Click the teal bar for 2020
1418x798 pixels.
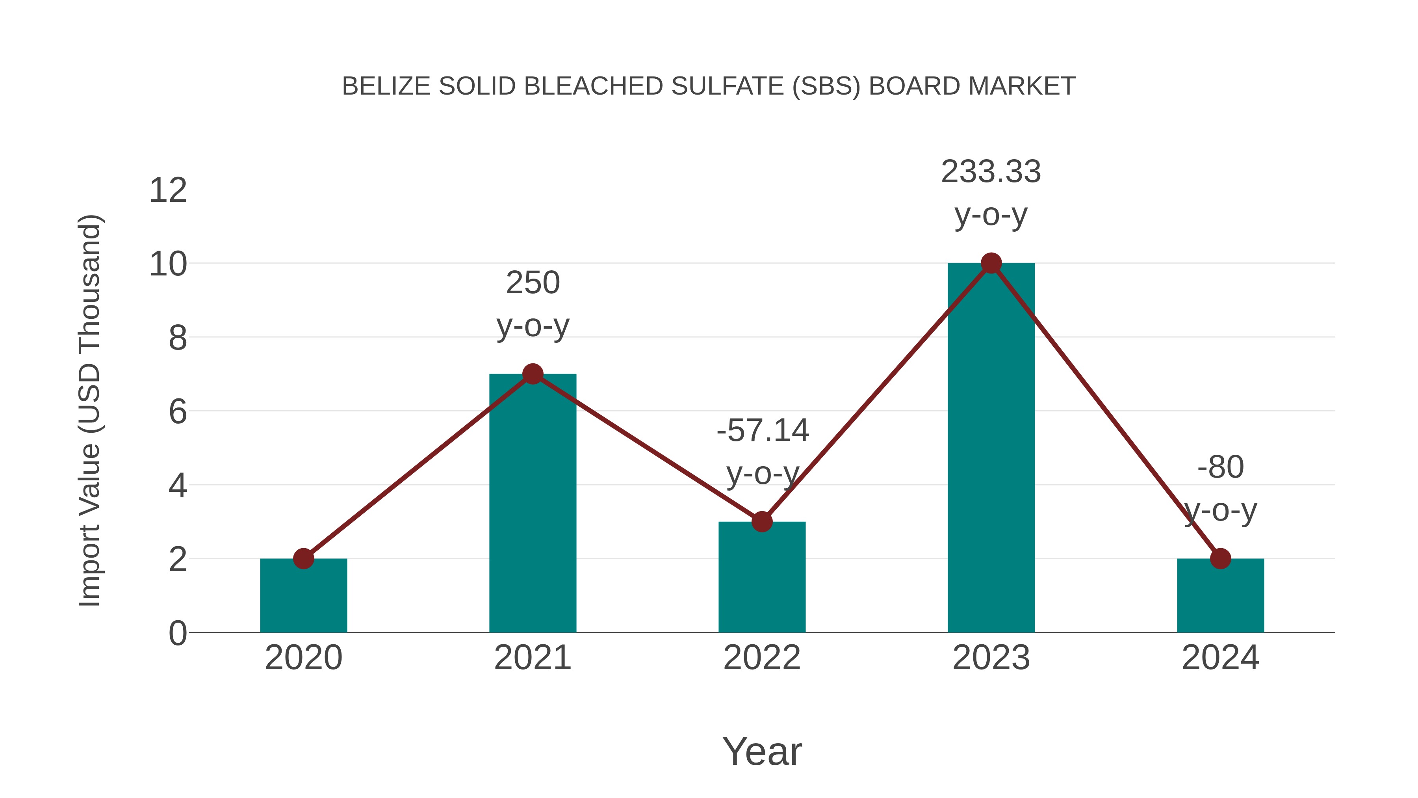[x=303, y=597]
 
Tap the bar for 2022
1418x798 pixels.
[x=762, y=578]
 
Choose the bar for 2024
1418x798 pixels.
[x=1220, y=597]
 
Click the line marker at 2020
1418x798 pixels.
[x=303, y=558]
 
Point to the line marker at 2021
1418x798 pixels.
[x=532, y=374]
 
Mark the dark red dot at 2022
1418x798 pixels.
[x=762, y=521]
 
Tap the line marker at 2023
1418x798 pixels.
[x=991, y=263]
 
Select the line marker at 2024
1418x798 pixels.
[x=1220, y=558]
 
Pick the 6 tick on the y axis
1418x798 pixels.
[x=177, y=412]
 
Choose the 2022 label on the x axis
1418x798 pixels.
[x=762, y=658]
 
